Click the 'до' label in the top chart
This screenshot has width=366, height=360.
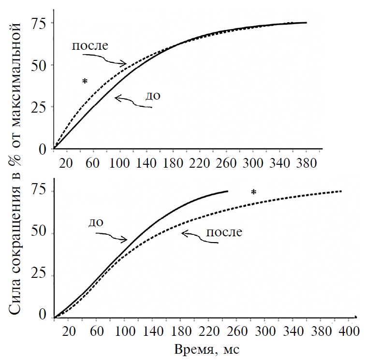[152, 95]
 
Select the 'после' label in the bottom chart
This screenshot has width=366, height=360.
[224, 231]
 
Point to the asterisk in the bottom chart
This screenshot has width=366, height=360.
[253, 193]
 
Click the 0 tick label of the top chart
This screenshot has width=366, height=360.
[43, 149]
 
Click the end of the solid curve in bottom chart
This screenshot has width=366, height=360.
[227, 191]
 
